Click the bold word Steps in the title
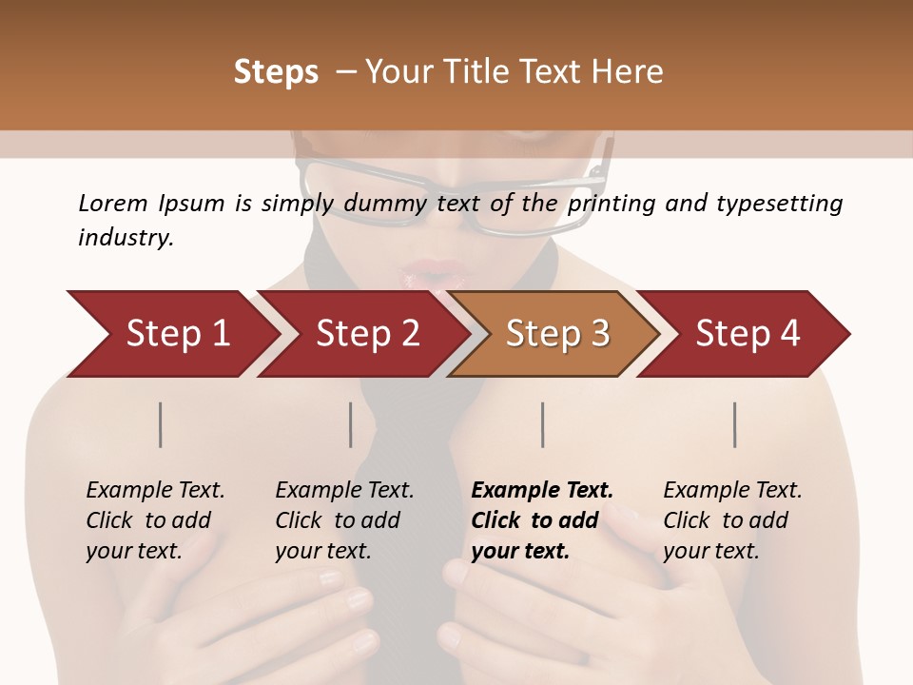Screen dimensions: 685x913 [276, 72]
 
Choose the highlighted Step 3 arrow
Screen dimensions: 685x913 [557, 334]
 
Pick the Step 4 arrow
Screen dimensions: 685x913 [748, 334]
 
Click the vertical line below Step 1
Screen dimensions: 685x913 [161, 424]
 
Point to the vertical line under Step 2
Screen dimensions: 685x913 [351, 424]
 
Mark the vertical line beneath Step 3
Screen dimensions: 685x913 [542, 424]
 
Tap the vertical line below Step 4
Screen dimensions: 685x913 [734, 424]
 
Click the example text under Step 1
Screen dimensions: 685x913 [155, 520]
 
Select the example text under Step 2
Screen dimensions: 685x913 [344, 520]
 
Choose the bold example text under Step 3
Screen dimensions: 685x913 [542, 520]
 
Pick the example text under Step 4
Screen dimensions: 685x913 [732, 520]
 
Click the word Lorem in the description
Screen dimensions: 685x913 [112, 204]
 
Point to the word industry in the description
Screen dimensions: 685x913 [125, 238]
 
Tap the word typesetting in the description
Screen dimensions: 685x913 [784, 204]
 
